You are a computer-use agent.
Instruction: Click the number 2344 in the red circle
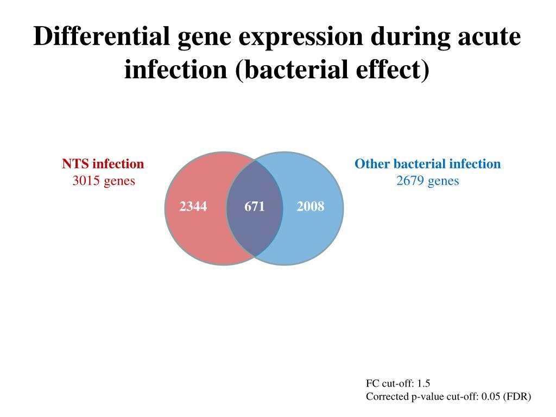(x=193, y=206)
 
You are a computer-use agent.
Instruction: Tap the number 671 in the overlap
(x=254, y=206)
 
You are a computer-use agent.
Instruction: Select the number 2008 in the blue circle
(x=311, y=206)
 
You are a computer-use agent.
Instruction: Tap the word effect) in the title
(x=391, y=69)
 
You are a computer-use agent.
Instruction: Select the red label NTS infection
(x=103, y=164)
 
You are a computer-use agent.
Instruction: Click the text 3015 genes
(x=104, y=181)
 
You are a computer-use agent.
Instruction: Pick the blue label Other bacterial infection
(x=428, y=164)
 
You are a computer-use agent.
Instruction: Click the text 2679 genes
(x=428, y=181)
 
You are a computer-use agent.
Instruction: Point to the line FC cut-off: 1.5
(x=398, y=383)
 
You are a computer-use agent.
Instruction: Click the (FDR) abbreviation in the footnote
(x=517, y=397)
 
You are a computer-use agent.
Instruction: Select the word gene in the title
(x=203, y=37)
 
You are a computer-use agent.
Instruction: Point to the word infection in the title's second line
(x=176, y=69)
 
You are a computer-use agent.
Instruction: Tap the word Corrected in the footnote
(x=387, y=397)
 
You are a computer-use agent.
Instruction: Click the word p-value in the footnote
(x=426, y=397)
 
